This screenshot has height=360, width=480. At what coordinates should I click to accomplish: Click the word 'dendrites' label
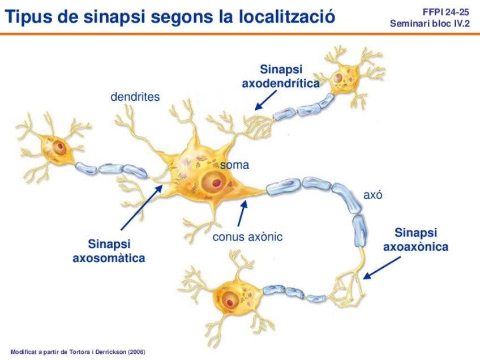point(135,97)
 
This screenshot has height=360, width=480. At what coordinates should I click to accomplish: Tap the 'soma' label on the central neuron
point(234,165)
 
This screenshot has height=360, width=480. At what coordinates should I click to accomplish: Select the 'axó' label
point(373,195)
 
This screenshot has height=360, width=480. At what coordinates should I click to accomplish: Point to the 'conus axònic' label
point(247,237)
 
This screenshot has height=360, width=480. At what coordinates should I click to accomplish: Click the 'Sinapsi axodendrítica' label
point(281,76)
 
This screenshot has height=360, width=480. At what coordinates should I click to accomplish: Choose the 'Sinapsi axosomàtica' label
point(109,251)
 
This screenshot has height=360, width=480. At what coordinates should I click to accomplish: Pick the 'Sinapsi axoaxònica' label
point(416,240)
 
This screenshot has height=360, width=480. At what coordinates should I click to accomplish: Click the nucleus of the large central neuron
point(213,182)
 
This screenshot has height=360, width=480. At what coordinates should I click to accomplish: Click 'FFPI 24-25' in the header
point(446,11)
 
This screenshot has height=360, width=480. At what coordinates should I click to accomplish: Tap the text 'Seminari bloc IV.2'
point(430,24)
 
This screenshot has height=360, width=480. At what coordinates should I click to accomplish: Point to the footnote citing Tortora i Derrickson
point(78,352)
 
